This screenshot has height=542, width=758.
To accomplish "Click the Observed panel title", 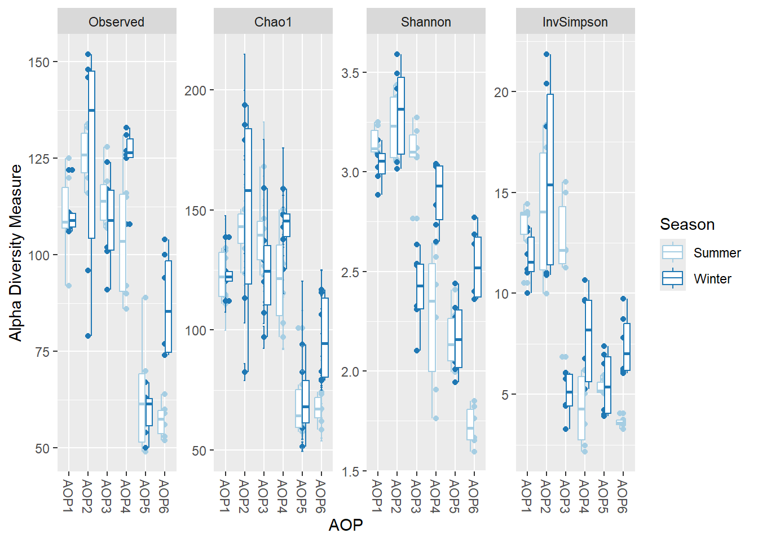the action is (x=116, y=22).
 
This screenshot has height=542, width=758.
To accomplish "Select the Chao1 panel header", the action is (x=273, y=22).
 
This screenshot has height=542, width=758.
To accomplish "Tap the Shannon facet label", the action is (x=426, y=22).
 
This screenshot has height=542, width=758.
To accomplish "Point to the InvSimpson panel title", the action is (x=575, y=22).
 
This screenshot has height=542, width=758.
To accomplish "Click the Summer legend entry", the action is (x=717, y=253).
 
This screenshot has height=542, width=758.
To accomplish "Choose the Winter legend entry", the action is (x=712, y=279).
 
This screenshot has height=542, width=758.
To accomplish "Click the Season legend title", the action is (x=687, y=224).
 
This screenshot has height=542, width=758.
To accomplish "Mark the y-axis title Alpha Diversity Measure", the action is (x=15, y=252).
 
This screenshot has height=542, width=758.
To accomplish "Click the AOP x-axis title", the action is (x=346, y=525).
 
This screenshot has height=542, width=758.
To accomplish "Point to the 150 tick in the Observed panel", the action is (x=39, y=63).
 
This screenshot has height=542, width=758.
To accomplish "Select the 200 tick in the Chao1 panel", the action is (x=195, y=91).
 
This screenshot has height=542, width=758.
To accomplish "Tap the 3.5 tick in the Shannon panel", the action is (x=350, y=73).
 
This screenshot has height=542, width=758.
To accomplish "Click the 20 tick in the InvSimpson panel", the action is (x=501, y=92).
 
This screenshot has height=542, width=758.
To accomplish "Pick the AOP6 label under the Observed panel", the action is (x=164, y=496).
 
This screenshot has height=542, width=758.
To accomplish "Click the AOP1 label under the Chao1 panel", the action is (x=225, y=496).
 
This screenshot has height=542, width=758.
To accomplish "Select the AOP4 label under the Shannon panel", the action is (x=435, y=496).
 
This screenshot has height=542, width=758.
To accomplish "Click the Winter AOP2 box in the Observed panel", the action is (x=91, y=155).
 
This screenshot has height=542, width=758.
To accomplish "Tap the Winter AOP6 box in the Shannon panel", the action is (x=478, y=267).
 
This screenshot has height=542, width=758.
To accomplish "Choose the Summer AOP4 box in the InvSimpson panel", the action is (x=581, y=408).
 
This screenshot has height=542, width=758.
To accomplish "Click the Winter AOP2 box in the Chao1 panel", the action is (x=248, y=206).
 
